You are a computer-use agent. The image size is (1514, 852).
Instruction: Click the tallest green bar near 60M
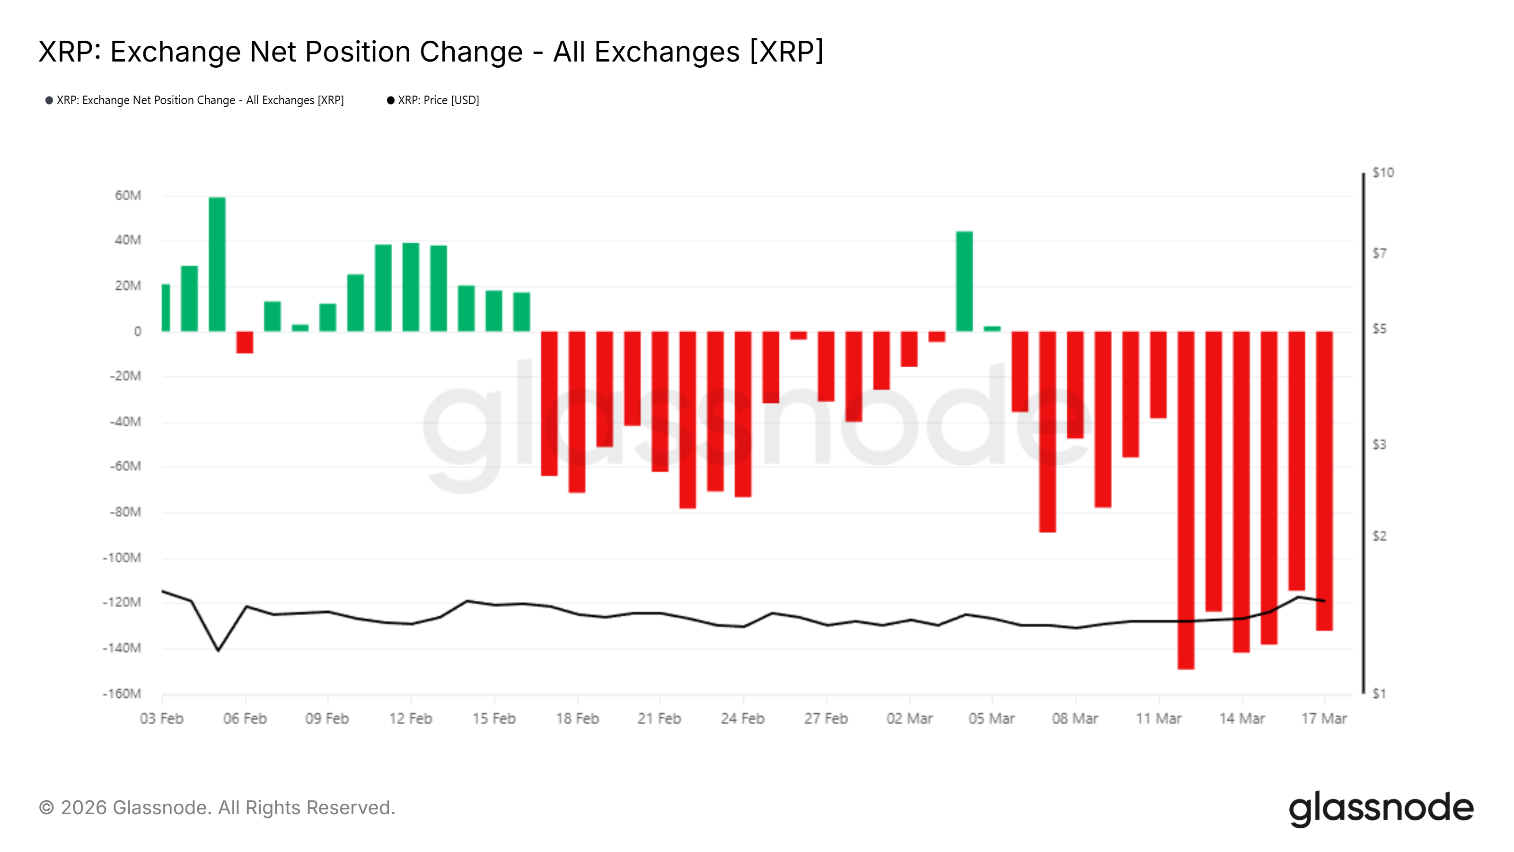tap(217, 265)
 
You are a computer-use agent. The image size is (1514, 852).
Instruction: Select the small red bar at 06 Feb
tap(245, 342)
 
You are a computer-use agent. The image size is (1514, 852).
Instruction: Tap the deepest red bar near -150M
tap(1186, 500)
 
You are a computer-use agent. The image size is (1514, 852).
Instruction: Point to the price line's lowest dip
tap(218, 650)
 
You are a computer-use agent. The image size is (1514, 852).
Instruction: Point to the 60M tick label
tap(128, 195)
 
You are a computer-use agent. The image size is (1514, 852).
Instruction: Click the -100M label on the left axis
tap(122, 558)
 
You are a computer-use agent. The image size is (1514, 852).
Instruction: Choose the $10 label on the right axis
tap(1382, 173)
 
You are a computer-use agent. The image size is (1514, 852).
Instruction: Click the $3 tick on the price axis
tap(1379, 444)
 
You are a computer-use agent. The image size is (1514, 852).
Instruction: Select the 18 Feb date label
tap(577, 719)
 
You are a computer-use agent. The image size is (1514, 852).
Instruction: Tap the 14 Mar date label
tap(1241, 719)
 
